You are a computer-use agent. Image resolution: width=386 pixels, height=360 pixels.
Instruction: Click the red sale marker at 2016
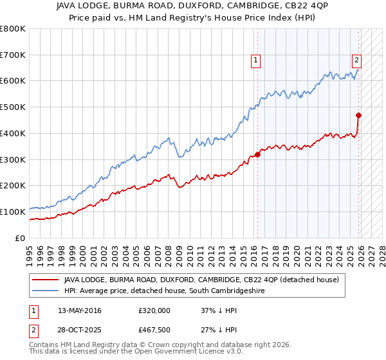click(x=257, y=154)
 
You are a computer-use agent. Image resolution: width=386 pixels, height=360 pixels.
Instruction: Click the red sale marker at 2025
click(x=359, y=116)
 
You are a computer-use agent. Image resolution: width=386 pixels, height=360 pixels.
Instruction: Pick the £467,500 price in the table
click(x=154, y=330)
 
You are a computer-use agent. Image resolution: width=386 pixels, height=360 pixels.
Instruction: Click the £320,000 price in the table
click(x=154, y=310)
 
